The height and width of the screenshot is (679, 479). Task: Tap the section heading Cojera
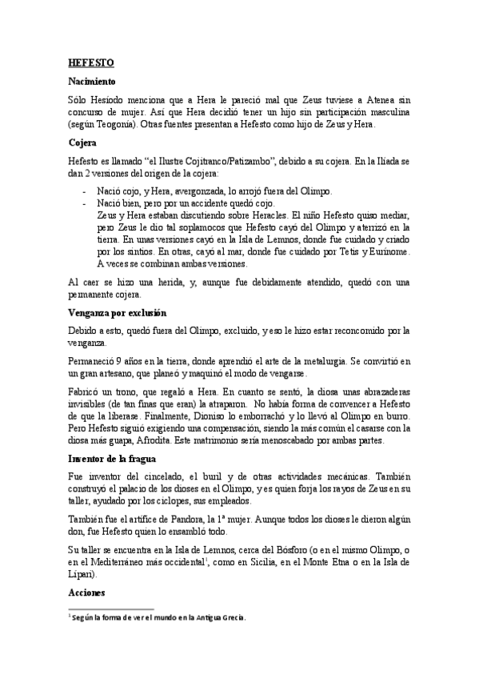82,143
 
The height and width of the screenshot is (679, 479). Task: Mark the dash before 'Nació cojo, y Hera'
85,192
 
